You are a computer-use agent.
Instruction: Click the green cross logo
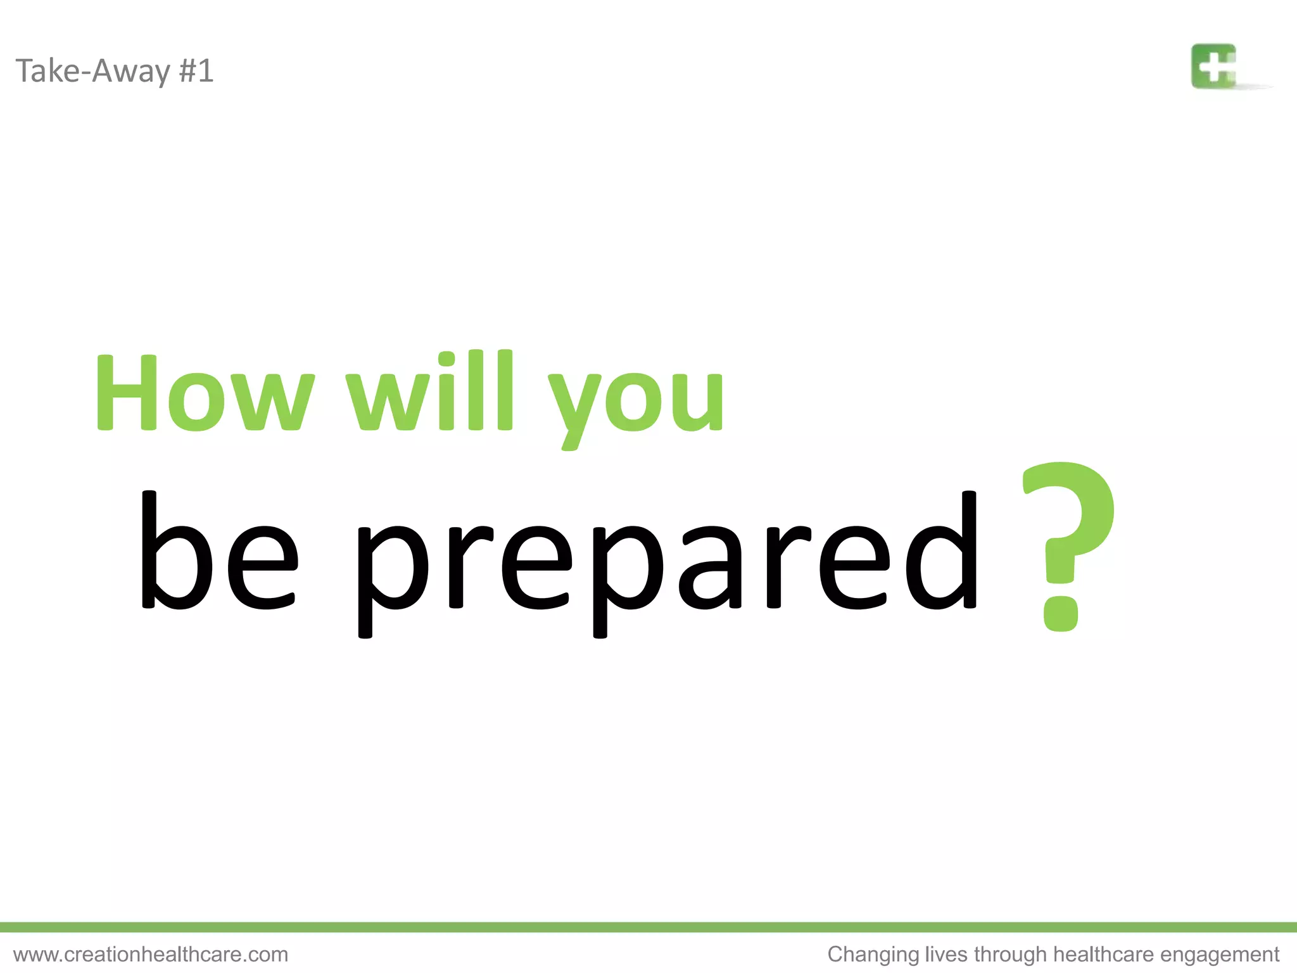click(1214, 66)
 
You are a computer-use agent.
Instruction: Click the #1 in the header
click(196, 70)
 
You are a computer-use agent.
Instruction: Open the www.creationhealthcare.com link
click(151, 954)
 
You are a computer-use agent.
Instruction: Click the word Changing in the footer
click(873, 955)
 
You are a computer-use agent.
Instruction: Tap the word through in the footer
click(1010, 955)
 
